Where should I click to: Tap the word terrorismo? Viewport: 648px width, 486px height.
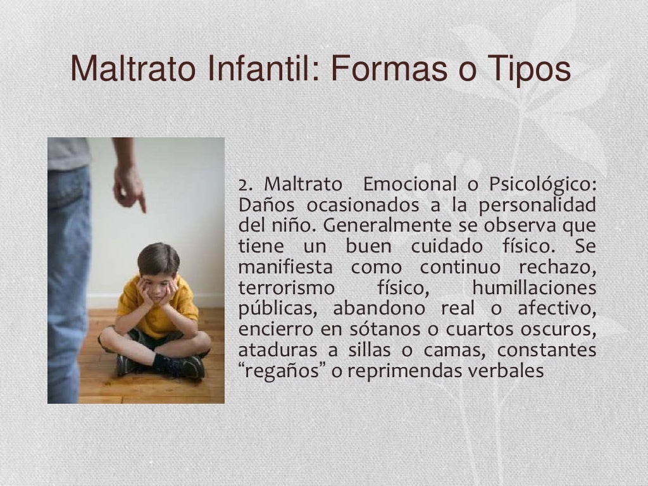pyautogui.click(x=286, y=289)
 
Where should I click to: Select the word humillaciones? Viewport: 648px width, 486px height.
pyautogui.click(x=534, y=289)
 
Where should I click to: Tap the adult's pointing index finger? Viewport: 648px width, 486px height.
pyautogui.click(x=140, y=202)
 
